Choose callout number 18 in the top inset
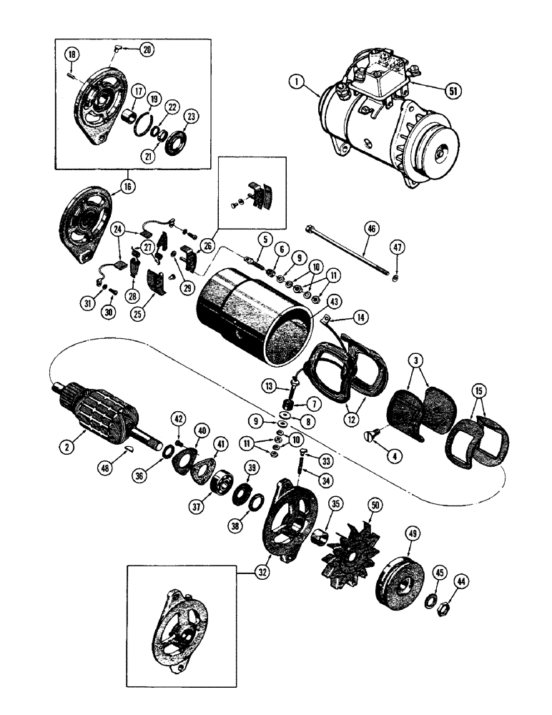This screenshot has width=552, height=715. (72, 55)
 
